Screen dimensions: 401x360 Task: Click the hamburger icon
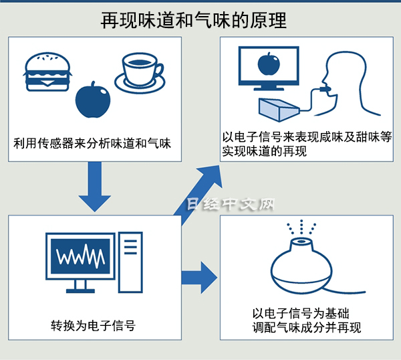(x=47, y=72)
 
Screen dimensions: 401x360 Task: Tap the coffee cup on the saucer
(x=140, y=73)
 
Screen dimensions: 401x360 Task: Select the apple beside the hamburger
(x=93, y=100)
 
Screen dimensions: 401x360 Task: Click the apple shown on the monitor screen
(x=269, y=64)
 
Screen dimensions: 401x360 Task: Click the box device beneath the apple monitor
(x=279, y=109)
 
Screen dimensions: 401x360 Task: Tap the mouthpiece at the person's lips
(x=325, y=89)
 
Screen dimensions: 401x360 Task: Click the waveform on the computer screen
(x=80, y=256)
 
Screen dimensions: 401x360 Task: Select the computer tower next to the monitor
(x=130, y=262)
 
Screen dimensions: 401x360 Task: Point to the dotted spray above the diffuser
(x=301, y=227)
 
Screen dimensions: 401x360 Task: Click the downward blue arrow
(x=95, y=187)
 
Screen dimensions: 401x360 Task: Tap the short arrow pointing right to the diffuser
(x=199, y=278)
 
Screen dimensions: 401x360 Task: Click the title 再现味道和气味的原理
(x=194, y=21)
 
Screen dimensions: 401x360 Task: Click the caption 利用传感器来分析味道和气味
(x=92, y=143)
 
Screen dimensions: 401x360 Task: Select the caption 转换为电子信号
(x=93, y=326)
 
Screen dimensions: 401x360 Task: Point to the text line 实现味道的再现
(x=264, y=151)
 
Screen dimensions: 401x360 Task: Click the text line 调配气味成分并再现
(x=307, y=327)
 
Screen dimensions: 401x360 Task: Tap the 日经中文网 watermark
(x=231, y=204)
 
